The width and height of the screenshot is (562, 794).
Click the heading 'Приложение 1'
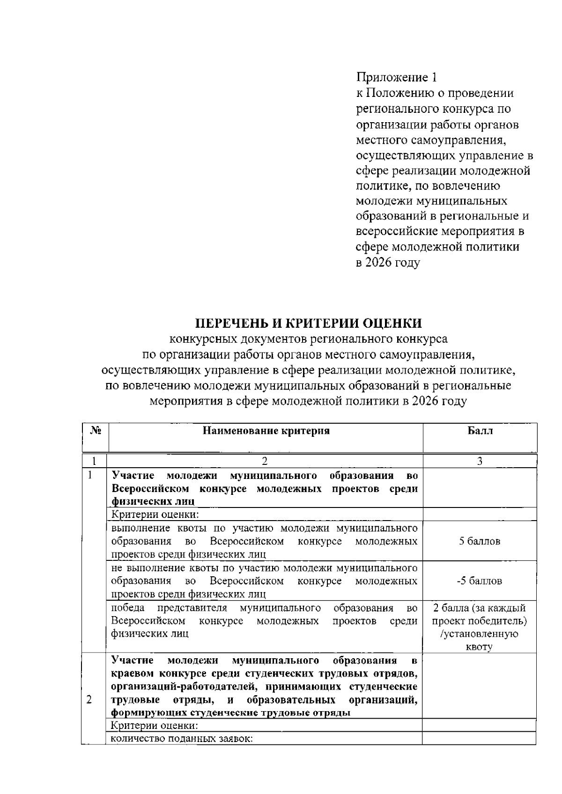[397, 77]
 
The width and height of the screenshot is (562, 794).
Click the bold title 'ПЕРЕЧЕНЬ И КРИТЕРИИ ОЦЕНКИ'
[309, 323]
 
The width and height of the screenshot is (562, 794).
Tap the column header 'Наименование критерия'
[266, 431]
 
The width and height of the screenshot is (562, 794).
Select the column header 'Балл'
[480, 431]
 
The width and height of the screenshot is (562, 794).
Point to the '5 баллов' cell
[480, 541]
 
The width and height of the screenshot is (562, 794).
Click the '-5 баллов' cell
[480, 581]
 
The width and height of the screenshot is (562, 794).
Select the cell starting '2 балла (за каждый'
[480, 608]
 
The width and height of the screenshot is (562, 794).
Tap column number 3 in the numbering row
[480, 461]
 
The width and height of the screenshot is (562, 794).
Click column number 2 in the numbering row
[265, 461]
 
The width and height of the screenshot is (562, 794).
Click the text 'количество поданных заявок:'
[182, 739]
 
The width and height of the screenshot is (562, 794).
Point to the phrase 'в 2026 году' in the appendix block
[388, 263]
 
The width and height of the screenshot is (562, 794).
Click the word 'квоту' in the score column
[479, 647]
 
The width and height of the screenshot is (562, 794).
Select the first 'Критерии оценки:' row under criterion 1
[155, 515]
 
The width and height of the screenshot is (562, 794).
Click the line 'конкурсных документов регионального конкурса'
[308, 338]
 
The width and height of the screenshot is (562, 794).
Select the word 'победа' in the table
[128, 608]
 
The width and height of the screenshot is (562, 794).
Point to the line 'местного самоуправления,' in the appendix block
[431, 140]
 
